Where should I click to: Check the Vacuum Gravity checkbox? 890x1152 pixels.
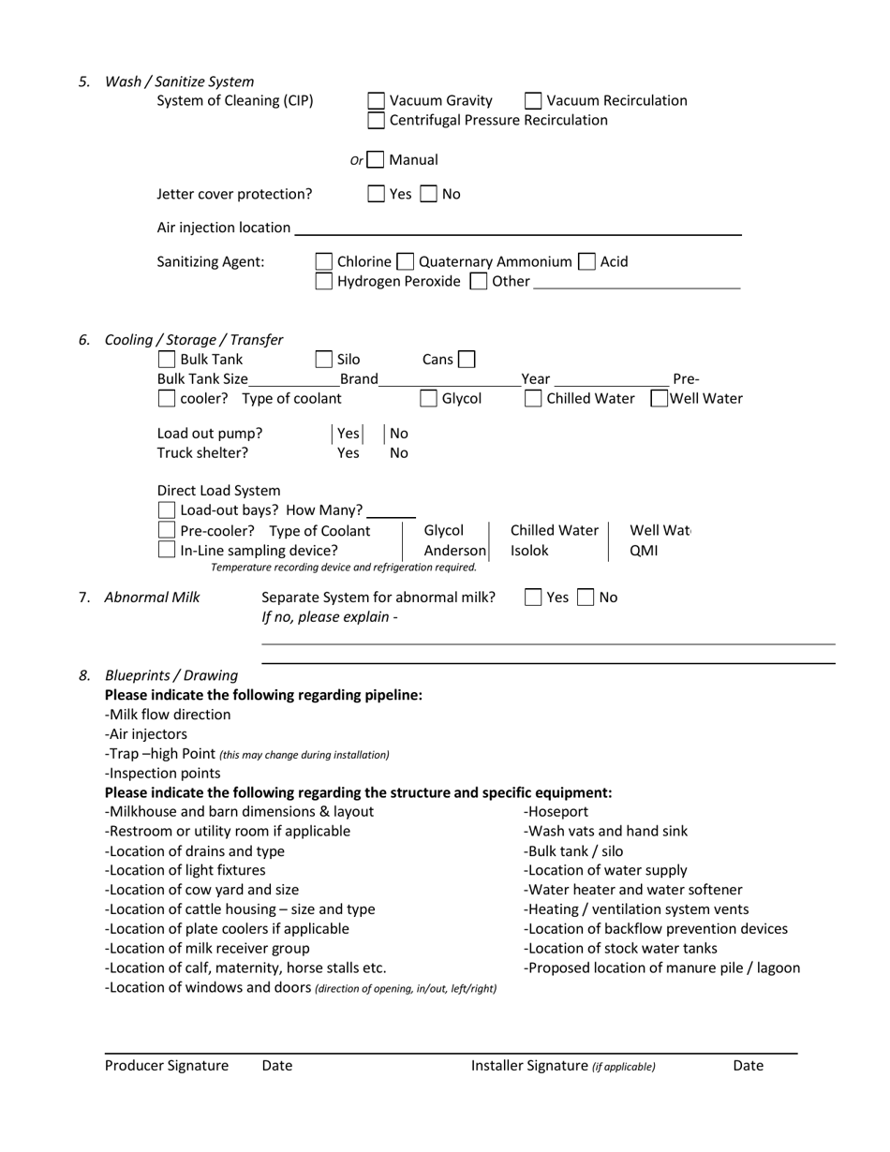[376, 100]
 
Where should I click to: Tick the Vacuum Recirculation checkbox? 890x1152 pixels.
[533, 100]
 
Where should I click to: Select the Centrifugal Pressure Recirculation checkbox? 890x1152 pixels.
[376, 120]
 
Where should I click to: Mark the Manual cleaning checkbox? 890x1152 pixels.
[376, 160]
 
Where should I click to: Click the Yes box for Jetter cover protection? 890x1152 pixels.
[376, 194]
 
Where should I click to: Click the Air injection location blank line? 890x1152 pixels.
[517, 228]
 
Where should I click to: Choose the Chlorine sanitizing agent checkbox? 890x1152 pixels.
[323, 261]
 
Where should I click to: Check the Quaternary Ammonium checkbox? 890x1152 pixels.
[406, 261]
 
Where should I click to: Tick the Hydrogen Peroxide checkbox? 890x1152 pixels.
[323, 281]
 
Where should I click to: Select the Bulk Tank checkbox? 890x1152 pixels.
[166, 360]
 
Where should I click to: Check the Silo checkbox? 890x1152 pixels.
[323, 360]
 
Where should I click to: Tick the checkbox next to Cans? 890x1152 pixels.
[466, 360]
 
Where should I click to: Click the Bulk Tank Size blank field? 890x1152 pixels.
[293, 379]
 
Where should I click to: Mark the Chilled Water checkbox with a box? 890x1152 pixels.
[533, 399]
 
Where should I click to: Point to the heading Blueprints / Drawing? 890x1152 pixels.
[171, 675]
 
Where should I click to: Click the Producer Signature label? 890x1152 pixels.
[167, 1066]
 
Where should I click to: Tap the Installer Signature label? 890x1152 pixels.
[529, 1066]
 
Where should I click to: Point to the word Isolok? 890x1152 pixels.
[529, 551]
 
